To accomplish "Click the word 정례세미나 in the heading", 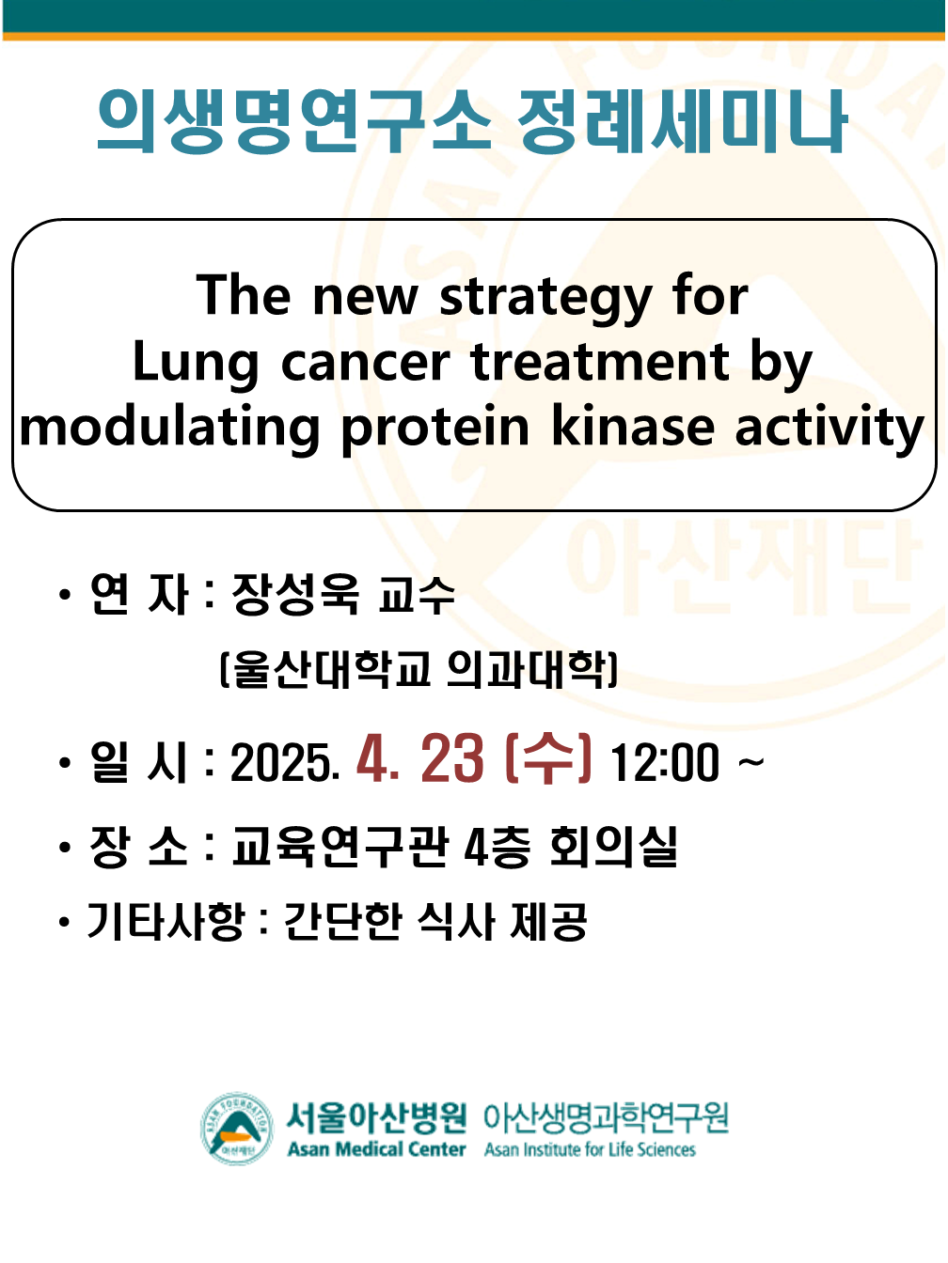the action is click(x=682, y=121).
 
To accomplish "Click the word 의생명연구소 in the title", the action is click(x=293, y=121).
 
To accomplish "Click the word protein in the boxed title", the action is click(x=435, y=429).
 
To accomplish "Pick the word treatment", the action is click(x=600, y=363).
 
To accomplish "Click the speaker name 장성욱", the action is click(x=295, y=595).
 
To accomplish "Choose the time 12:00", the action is click(x=665, y=762).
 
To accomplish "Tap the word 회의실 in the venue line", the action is click(x=613, y=847).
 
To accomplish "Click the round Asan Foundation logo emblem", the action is click(x=237, y=1129).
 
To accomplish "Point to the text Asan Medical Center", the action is click(x=376, y=1149).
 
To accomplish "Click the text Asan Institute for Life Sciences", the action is click(x=590, y=1149).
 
